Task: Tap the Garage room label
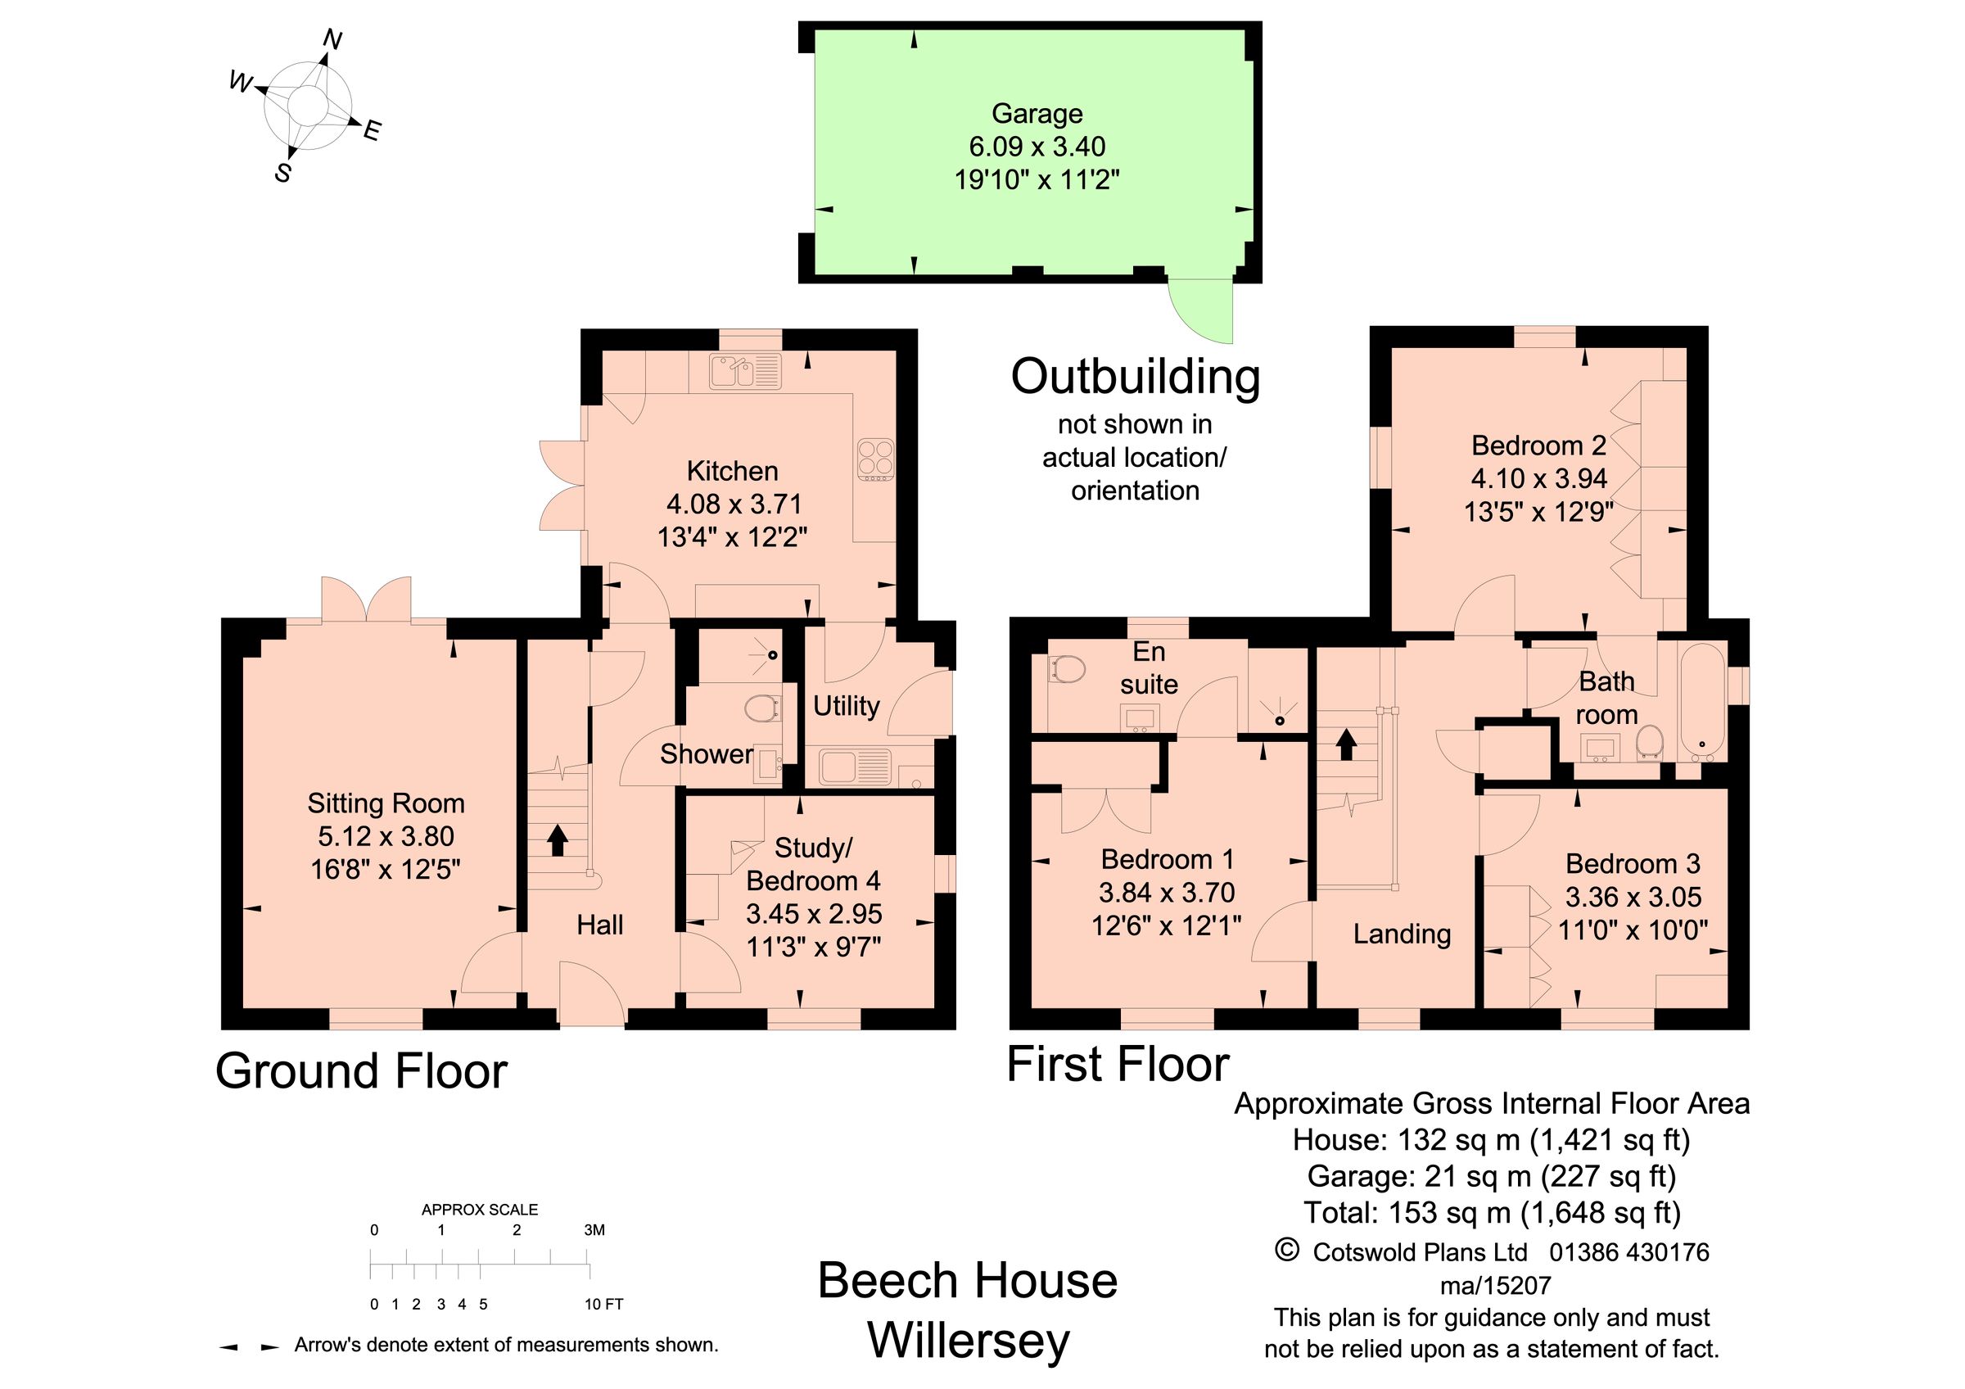click(x=1037, y=113)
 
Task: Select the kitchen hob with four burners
click(x=875, y=459)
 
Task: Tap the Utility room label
click(x=846, y=706)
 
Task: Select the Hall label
click(x=599, y=925)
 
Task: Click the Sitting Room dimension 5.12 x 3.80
click(x=386, y=836)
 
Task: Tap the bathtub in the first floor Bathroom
click(x=1701, y=702)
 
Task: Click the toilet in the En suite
click(x=1066, y=668)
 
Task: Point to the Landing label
click(x=1402, y=934)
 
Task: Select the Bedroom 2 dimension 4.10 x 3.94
click(x=1538, y=478)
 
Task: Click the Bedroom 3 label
click(x=1632, y=863)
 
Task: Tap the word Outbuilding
click(x=1135, y=377)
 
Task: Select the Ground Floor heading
click(x=361, y=1070)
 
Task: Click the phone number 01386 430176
click(x=1628, y=1252)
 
